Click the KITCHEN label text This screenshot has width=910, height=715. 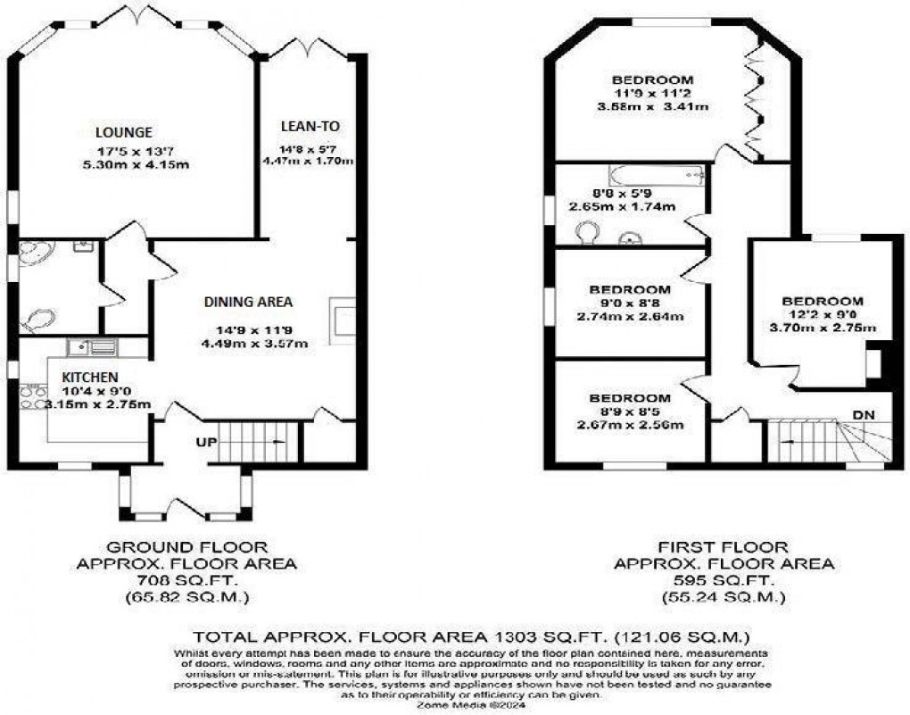90,377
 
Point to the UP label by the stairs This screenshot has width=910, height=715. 205,441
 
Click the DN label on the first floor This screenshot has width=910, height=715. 863,414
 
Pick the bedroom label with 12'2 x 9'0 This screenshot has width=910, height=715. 822,301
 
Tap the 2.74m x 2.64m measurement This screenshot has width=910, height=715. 629,317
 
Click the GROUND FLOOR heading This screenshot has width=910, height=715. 186,546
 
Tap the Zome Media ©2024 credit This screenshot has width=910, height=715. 455,705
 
